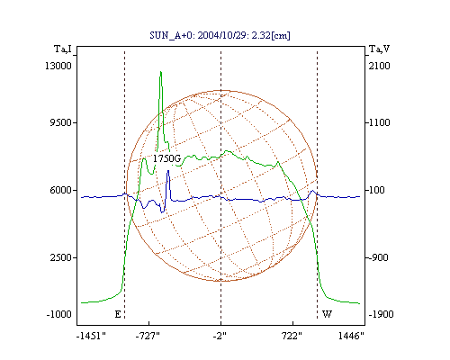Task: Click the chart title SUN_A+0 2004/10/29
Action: [x=220, y=35]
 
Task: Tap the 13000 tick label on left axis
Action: [x=58, y=66]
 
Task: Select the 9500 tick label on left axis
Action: [x=60, y=122]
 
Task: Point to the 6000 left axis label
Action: [x=60, y=190]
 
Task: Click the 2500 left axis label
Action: [x=61, y=257]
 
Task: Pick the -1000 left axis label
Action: [x=58, y=314]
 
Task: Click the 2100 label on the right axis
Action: [x=379, y=66]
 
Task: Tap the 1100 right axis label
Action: [x=379, y=122]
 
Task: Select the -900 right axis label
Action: [x=378, y=257]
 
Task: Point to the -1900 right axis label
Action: [x=381, y=314]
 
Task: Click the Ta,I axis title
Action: [x=63, y=49]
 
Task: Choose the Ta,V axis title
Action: [x=379, y=49]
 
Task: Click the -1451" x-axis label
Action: [x=91, y=336]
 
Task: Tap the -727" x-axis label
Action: [x=148, y=336]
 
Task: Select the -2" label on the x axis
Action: [x=220, y=336]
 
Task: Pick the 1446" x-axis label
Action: [x=351, y=336]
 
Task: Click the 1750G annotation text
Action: [x=166, y=158]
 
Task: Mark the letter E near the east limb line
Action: [x=118, y=314]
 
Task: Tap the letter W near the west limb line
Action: [x=327, y=314]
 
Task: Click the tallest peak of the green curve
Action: [x=161, y=72]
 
